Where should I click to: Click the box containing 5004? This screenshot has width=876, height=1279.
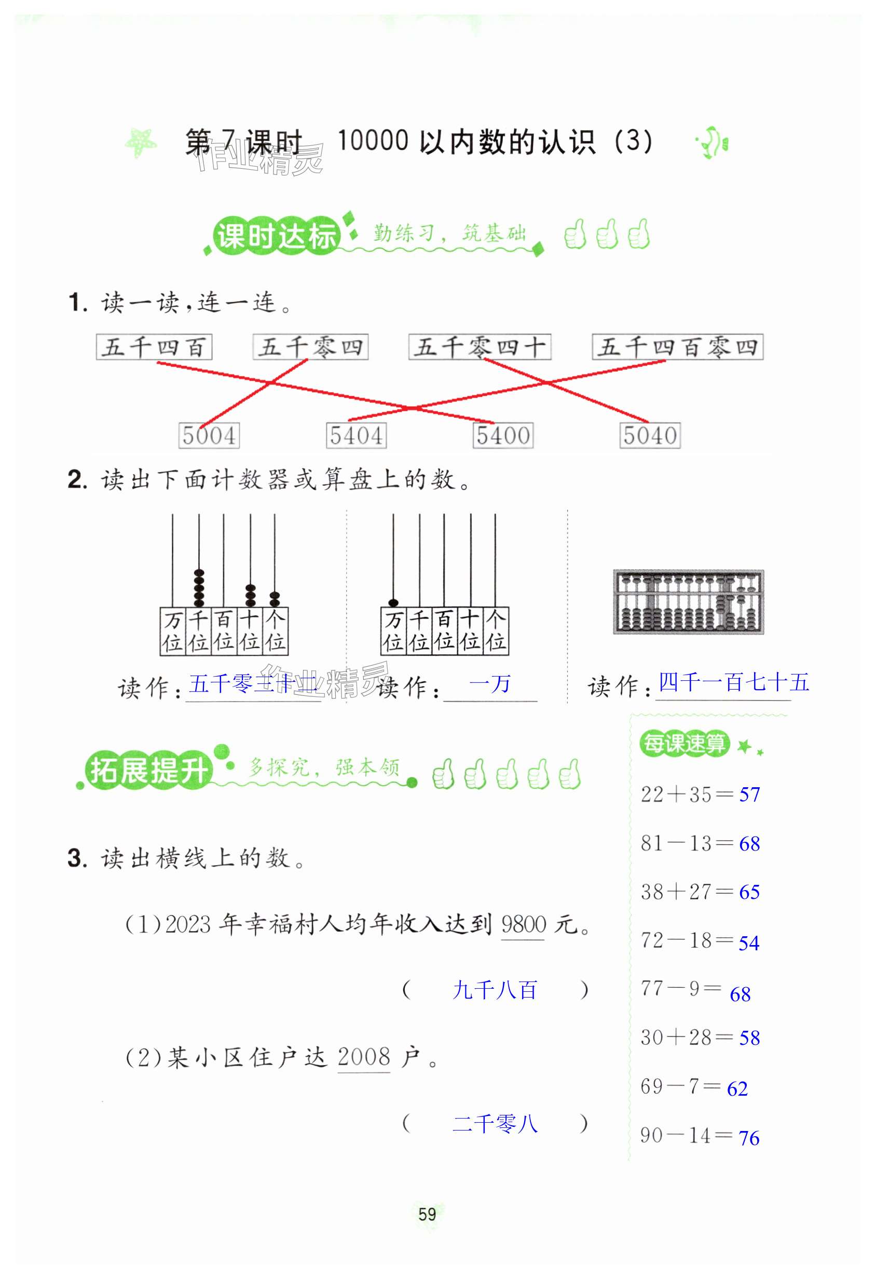tap(209, 435)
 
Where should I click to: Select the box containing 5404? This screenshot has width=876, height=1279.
tap(356, 435)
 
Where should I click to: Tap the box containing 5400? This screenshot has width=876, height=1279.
tap(503, 435)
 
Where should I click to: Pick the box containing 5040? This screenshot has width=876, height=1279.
tap(649, 435)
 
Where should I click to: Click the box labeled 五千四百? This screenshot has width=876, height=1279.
tap(154, 347)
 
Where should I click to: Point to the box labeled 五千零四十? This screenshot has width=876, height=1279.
tap(480, 347)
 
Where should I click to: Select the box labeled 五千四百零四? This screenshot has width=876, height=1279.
tap(677, 347)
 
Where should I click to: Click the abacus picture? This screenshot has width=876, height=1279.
tap(688, 601)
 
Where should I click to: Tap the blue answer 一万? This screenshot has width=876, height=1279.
tap(489, 684)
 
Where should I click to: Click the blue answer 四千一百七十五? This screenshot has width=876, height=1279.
tap(734, 682)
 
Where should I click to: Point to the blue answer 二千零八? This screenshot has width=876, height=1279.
tap(495, 1123)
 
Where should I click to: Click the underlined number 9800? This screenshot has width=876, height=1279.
tap(523, 924)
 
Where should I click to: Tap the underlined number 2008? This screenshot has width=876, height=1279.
tap(363, 1057)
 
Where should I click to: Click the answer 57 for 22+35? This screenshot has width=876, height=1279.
tap(749, 794)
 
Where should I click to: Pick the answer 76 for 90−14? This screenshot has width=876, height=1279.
tap(748, 1137)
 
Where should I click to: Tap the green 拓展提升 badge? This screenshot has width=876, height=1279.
tap(148, 770)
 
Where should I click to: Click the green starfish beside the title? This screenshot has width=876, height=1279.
tap(141, 142)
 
